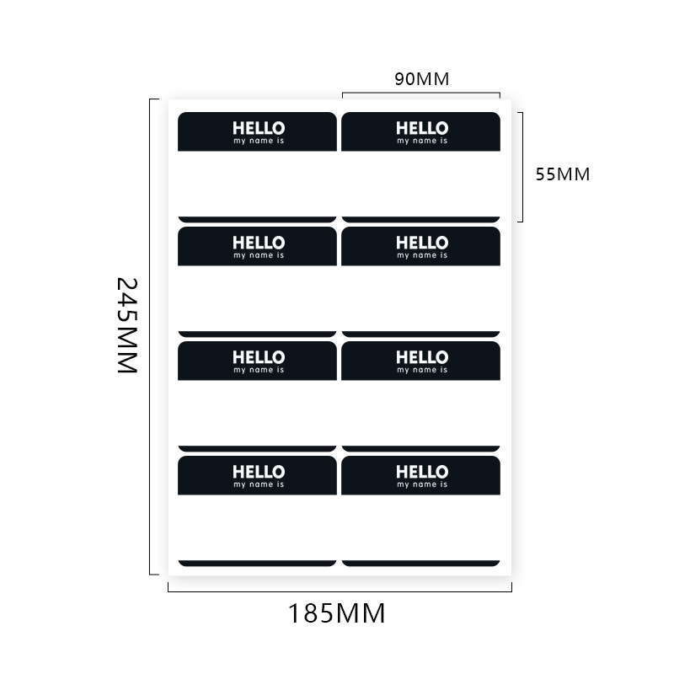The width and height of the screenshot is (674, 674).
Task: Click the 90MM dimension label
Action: [x=421, y=79]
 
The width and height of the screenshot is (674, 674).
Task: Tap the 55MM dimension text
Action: [x=563, y=174]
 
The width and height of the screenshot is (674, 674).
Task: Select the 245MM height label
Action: [x=126, y=326]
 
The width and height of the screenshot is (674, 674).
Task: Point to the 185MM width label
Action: [x=337, y=613]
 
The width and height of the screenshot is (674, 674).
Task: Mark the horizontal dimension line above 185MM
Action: [x=340, y=591]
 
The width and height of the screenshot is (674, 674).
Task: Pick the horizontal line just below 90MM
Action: [x=421, y=93]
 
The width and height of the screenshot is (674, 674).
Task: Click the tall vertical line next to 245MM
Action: [x=150, y=337]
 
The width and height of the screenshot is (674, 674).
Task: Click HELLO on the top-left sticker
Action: [x=259, y=128]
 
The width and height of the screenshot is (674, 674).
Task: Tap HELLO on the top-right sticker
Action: [x=422, y=128]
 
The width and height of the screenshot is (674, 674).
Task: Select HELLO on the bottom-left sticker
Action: [x=259, y=472]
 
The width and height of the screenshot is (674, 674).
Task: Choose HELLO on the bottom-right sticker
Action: [x=422, y=472]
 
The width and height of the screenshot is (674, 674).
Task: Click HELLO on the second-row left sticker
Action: [x=259, y=243]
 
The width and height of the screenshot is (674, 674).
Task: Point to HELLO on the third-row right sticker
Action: [x=422, y=357]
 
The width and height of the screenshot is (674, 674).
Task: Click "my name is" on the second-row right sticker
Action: [x=422, y=255]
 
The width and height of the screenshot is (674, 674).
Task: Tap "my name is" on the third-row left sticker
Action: [x=259, y=370]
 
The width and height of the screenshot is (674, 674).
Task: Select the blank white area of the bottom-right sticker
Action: [x=421, y=527]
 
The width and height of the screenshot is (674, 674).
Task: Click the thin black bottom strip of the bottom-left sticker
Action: [x=257, y=563]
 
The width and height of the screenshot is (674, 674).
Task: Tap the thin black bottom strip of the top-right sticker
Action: [x=421, y=219]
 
